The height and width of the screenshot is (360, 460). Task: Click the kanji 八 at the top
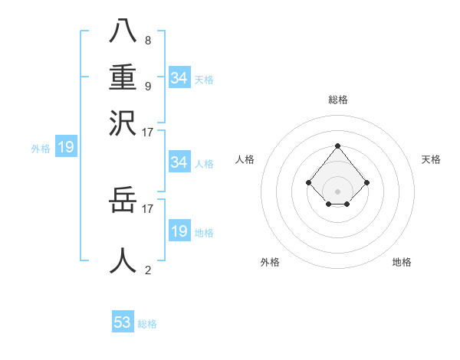(123, 32)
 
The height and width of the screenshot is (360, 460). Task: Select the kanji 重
(123, 77)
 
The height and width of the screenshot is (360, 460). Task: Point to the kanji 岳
(123, 202)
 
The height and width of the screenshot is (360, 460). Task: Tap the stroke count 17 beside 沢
(148, 132)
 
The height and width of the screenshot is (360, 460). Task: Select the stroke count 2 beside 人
(147, 270)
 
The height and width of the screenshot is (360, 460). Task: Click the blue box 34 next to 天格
(179, 77)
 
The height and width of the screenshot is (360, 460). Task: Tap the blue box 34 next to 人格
(179, 162)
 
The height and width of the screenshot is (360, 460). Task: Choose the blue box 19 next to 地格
(179, 231)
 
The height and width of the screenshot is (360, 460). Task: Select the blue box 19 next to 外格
(65, 147)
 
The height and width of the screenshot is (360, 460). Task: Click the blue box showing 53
(123, 322)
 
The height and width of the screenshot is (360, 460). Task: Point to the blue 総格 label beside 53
(147, 324)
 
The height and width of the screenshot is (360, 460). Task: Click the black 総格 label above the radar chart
(337, 100)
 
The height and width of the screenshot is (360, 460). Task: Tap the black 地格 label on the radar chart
(402, 262)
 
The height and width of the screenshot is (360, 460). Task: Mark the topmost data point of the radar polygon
(337, 146)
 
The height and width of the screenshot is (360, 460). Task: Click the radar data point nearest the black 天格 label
(367, 182)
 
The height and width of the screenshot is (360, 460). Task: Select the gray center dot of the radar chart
(337, 191)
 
